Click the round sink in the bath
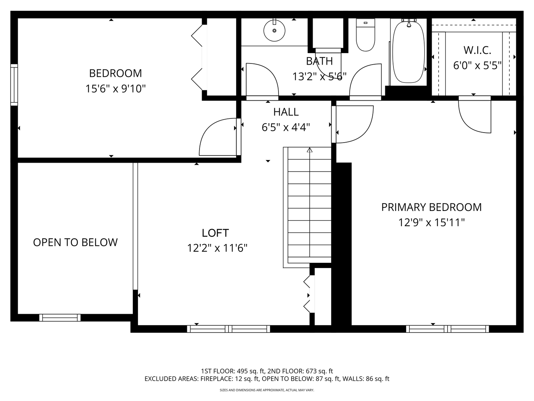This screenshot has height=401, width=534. (x=274, y=31)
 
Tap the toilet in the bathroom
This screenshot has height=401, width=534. (x=365, y=35)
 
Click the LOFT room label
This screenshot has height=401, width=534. (x=215, y=233)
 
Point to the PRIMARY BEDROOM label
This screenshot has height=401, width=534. (x=431, y=207)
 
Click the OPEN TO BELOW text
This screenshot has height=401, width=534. (x=75, y=242)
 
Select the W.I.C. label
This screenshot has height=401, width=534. (x=477, y=50)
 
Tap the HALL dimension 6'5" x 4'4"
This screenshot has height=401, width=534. (x=286, y=127)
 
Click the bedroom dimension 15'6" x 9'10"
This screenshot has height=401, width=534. (x=116, y=89)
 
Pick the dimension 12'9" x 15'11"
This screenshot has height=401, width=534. (x=431, y=222)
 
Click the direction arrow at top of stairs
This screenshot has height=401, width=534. (x=309, y=150)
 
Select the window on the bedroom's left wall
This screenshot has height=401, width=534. (x=14, y=85)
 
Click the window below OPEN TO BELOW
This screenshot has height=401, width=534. (x=60, y=318)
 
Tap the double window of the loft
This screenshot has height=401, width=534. (x=228, y=329)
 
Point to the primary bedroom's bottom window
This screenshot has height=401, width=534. (x=447, y=329)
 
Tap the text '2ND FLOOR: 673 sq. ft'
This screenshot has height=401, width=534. (x=300, y=371)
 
